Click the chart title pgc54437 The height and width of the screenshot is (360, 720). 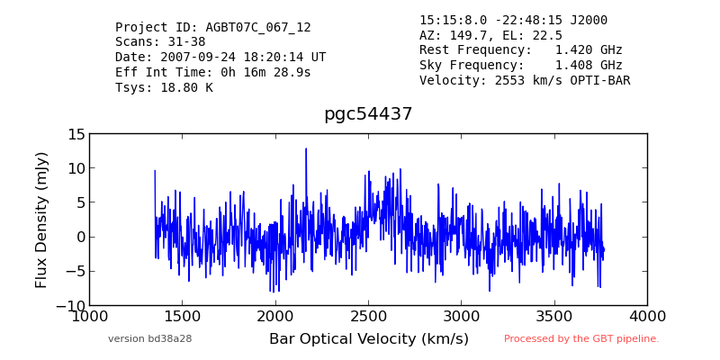[x=368, y=114]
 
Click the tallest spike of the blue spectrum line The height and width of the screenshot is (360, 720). [x=306, y=148]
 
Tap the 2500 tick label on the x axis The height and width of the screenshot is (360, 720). [x=368, y=317]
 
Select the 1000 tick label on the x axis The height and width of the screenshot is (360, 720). [x=90, y=317]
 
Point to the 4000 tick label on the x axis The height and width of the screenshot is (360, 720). [x=647, y=317]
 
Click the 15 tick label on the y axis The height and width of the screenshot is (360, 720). [x=76, y=134]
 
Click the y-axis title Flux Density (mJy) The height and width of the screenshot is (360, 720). [x=41, y=220]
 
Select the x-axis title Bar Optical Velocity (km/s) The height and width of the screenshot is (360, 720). [x=369, y=339]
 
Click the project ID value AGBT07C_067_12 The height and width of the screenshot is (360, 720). [x=258, y=28]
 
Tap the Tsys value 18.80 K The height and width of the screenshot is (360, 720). [x=186, y=87]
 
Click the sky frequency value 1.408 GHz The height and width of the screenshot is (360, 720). [x=589, y=65]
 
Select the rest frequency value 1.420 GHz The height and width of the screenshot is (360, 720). [x=589, y=49]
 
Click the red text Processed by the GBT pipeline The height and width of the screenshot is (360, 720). [x=581, y=339]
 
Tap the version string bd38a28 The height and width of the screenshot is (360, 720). [x=169, y=339]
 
